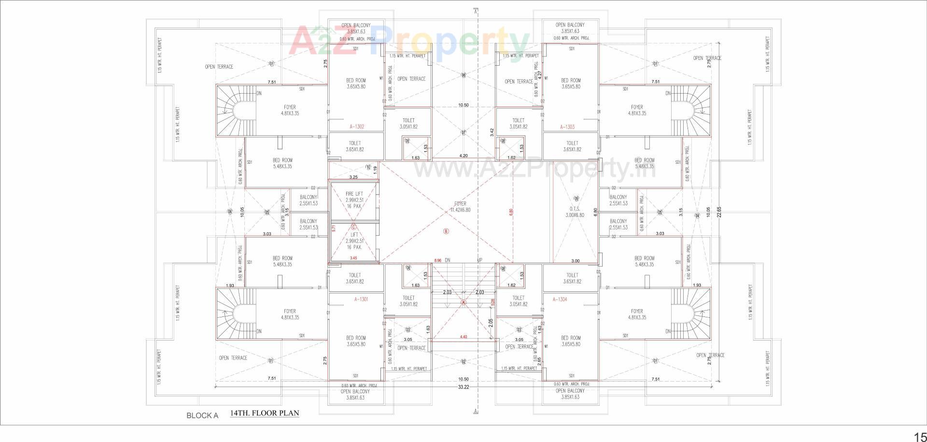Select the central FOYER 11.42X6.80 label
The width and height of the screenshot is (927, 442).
click(x=460, y=207)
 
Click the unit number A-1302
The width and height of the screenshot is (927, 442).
click(x=357, y=127)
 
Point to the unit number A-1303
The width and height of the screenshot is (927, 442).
click(x=567, y=127)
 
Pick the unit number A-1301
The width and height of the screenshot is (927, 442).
click(x=361, y=299)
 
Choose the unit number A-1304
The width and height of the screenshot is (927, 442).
click(x=560, y=299)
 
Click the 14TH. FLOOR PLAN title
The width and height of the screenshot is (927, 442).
click(x=265, y=413)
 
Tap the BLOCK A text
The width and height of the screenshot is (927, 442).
click(x=202, y=415)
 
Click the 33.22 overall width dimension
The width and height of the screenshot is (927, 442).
click(x=463, y=387)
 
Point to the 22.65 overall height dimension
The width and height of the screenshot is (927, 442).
click(x=719, y=213)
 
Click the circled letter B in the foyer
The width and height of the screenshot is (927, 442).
click(x=446, y=231)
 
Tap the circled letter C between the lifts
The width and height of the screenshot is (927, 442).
click(x=353, y=227)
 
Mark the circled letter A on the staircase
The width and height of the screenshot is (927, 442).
click(x=463, y=303)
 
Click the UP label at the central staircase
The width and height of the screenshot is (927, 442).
click(x=479, y=260)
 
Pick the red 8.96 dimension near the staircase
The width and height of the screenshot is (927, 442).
click(x=437, y=260)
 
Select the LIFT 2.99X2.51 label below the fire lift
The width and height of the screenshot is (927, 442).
click(x=354, y=241)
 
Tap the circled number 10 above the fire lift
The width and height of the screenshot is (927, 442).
click(x=368, y=168)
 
